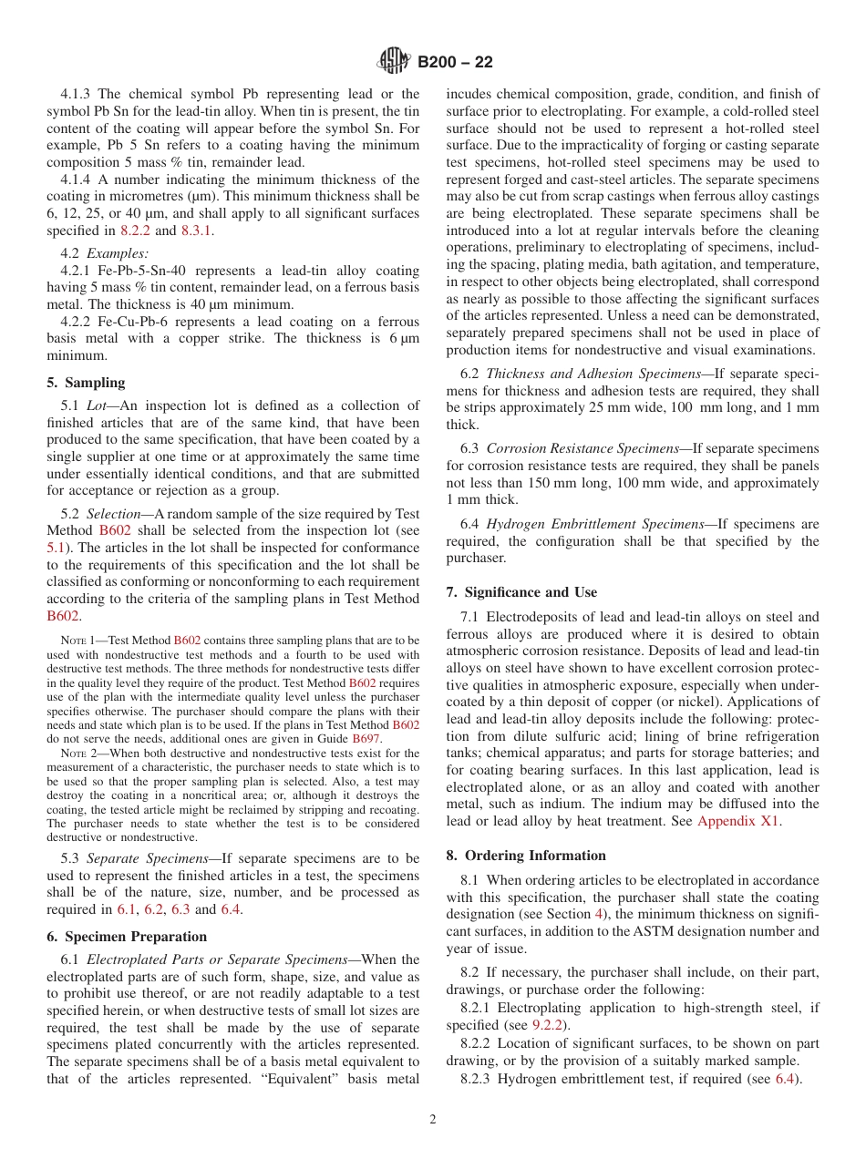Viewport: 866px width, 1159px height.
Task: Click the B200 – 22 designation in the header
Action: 455,62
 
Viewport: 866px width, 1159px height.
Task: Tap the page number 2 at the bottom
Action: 433,1120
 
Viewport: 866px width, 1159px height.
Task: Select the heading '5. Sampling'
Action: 86,382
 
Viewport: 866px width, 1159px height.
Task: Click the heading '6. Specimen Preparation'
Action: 126,937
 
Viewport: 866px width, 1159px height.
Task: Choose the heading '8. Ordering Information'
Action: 526,856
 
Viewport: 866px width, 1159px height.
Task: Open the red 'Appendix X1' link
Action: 738,821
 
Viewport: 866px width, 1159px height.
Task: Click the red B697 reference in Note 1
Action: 367,739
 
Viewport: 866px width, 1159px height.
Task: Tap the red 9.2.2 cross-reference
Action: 550,1025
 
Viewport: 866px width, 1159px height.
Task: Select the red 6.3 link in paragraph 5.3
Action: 180,909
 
